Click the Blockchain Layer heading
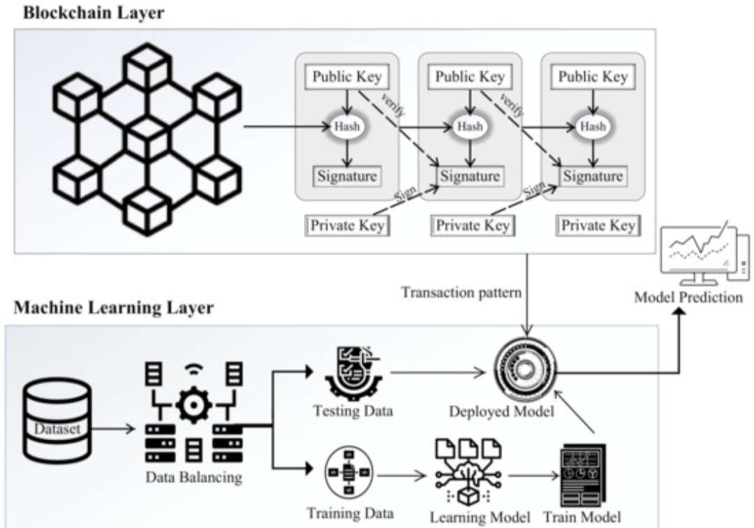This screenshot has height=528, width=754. [x=94, y=13]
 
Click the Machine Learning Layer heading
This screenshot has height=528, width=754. [x=114, y=307]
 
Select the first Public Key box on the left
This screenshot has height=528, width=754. [x=347, y=76]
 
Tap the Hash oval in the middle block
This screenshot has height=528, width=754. [x=470, y=126]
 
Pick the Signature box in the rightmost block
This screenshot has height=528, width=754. [x=593, y=176]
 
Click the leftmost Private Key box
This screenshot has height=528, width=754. [x=347, y=225]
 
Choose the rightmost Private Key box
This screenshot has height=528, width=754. [x=598, y=225]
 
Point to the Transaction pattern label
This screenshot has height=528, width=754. [x=461, y=293]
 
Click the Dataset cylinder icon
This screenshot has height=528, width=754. [x=57, y=420]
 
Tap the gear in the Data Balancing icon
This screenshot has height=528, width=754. [x=193, y=405]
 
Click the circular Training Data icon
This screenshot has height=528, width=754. [x=349, y=472]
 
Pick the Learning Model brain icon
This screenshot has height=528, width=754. [x=468, y=471]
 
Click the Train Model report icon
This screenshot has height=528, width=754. [x=583, y=475]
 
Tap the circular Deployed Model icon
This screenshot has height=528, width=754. [x=524, y=370]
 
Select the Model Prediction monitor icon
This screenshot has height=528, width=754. [x=705, y=254]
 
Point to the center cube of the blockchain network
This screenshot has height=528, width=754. [x=147, y=140]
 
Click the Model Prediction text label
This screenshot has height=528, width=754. [x=688, y=298]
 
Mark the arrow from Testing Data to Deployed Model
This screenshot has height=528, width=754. [x=438, y=372]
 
